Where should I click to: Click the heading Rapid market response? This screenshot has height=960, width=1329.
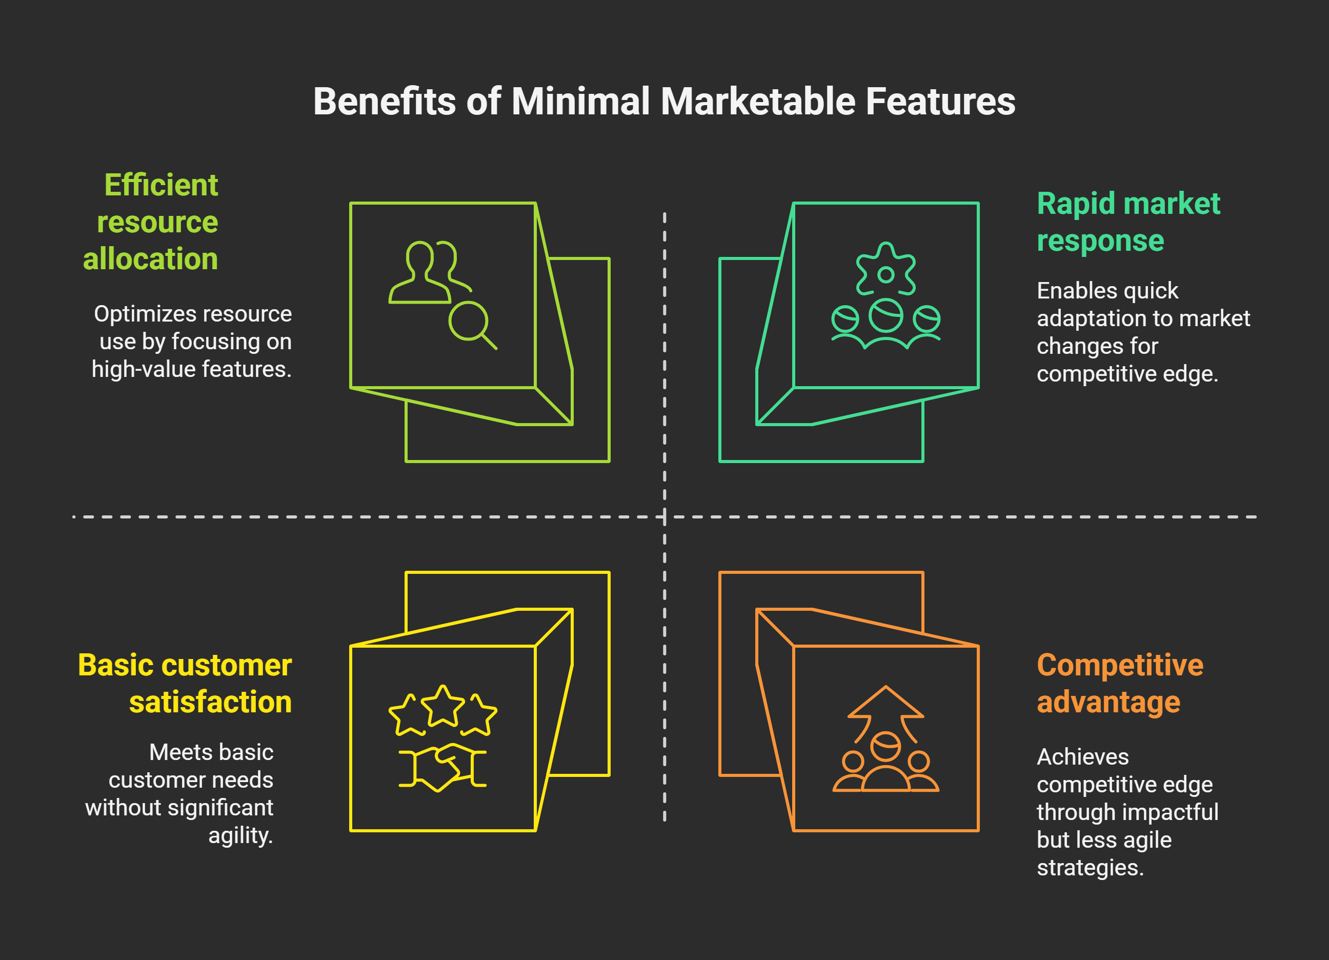(1127, 222)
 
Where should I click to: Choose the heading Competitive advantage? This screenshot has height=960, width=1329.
(1119, 684)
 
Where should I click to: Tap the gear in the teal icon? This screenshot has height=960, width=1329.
(885, 272)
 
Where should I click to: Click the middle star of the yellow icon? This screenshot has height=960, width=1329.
(443, 706)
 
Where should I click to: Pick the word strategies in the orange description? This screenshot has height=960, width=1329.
(1090, 867)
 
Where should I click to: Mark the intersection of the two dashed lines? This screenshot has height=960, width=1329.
(664, 517)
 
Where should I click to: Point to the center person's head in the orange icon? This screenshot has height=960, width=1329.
(885, 746)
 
